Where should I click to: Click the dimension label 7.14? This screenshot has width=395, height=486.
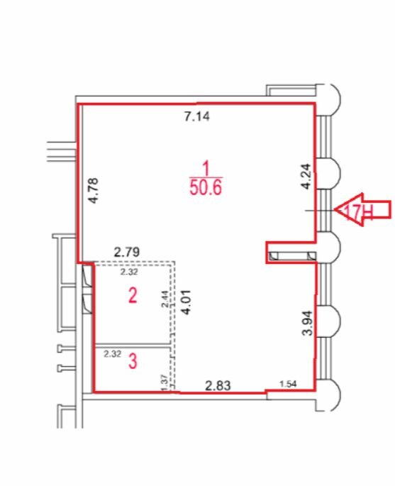click(x=197, y=116)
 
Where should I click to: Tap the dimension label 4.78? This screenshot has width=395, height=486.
click(x=93, y=190)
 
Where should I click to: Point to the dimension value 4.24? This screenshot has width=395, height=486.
click(x=306, y=176)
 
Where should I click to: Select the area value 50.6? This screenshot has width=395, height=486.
click(x=206, y=187)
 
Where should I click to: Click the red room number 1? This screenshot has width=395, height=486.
click(x=206, y=169)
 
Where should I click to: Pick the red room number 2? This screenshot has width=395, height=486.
click(x=133, y=295)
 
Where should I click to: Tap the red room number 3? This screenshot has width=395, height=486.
click(x=133, y=361)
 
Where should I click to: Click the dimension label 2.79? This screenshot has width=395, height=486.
click(x=127, y=252)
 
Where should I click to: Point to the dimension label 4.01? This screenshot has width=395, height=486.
click(x=187, y=302)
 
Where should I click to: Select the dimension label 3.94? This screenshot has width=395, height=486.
click(x=308, y=323)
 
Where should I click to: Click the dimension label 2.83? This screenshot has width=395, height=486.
click(x=218, y=385)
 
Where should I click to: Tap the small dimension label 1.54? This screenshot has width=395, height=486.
click(x=288, y=384)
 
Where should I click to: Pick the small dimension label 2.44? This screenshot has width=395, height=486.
click(x=165, y=299)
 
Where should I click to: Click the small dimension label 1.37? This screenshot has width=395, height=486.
click(x=165, y=382)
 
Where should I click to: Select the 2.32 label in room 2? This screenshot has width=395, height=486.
click(x=129, y=272)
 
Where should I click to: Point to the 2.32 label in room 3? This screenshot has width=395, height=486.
click(x=112, y=353)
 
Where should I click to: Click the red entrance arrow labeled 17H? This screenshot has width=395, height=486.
click(x=363, y=210)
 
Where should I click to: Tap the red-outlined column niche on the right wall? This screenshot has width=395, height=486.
click(x=291, y=253)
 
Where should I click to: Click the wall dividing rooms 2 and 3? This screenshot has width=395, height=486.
click(x=133, y=345)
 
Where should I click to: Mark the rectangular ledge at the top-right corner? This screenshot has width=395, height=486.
click(x=291, y=90)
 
